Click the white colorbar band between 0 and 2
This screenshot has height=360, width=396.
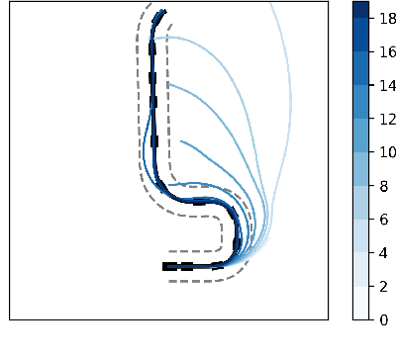pyautogui.click(x=361, y=303)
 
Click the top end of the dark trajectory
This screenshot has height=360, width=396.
pyautogui.click(x=163, y=11)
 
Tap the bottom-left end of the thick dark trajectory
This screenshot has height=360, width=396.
pyautogui.click(x=164, y=266)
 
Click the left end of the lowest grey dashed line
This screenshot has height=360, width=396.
pyautogui.click(x=169, y=281)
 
